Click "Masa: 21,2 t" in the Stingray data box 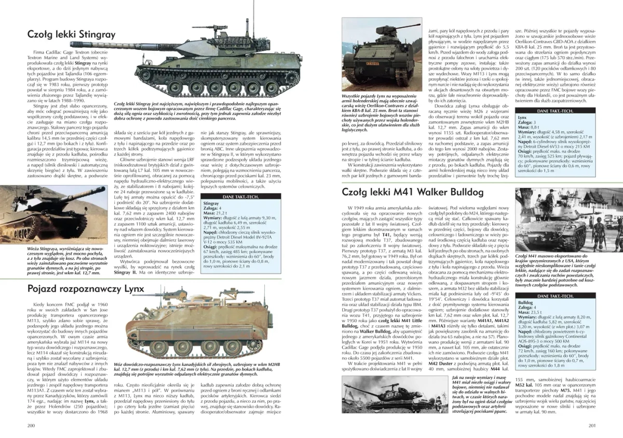(x=214, y=213)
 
